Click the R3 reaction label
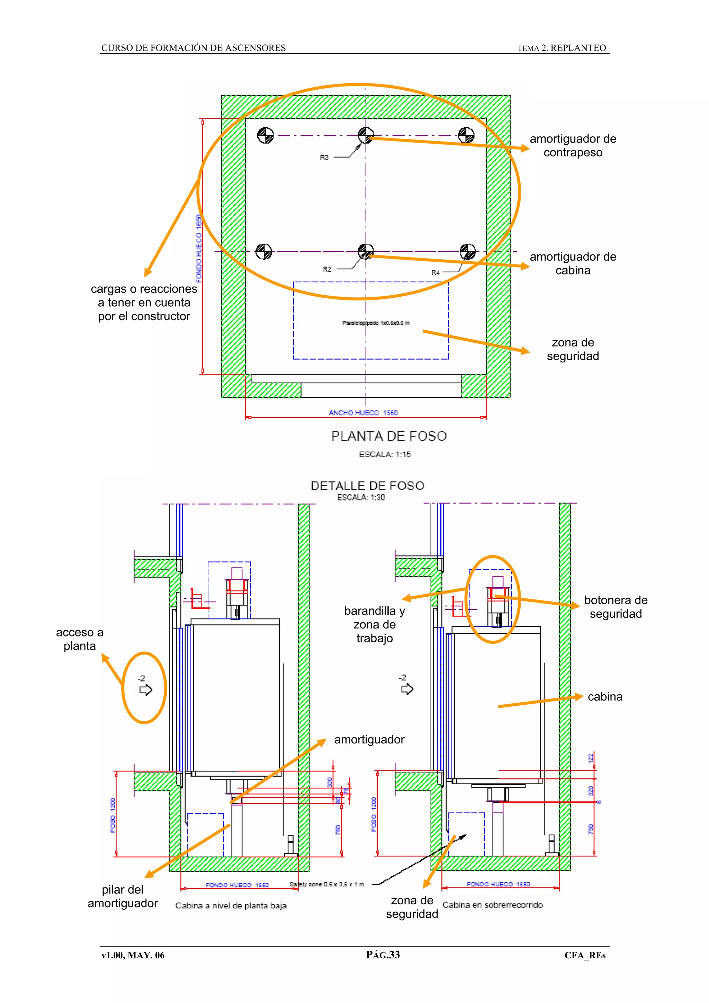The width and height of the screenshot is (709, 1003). (x=324, y=157)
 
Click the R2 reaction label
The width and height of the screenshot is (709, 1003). (x=327, y=269)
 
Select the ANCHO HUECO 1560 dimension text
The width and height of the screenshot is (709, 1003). (x=363, y=413)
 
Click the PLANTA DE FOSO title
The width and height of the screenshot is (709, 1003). (x=389, y=436)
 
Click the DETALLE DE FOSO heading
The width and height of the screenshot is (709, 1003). (x=367, y=486)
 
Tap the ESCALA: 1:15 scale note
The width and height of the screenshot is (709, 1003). (x=384, y=454)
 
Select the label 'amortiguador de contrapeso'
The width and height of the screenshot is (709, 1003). (x=573, y=145)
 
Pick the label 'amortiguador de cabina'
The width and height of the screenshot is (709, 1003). (x=573, y=263)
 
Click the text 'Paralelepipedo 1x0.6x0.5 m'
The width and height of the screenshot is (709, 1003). (x=376, y=323)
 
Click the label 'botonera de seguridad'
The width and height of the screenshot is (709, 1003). (x=616, y=607)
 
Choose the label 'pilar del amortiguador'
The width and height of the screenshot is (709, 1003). (x=123, y=896)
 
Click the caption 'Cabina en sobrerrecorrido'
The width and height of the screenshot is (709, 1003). (x=492, y=905)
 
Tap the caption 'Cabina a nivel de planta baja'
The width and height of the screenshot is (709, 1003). (x=231, y=906)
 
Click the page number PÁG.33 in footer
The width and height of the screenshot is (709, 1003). (x=383, y=955)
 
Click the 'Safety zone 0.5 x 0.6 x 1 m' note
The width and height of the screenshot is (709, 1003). (x=326, y=884)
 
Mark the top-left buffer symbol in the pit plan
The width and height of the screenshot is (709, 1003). (x=265, y=135)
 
